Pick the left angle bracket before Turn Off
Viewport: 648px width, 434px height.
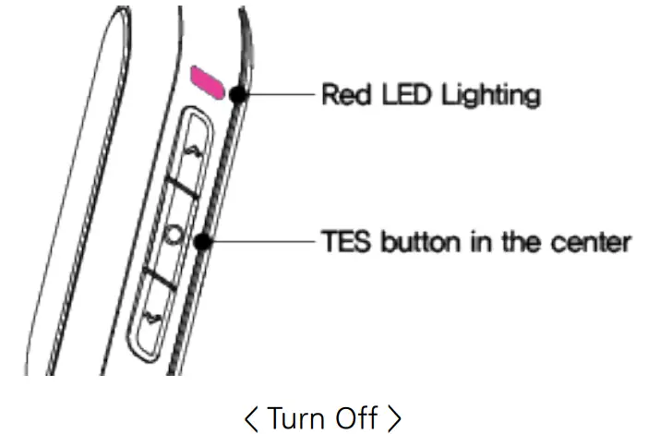(251, 418)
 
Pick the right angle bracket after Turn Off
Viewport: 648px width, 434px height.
(394, 418)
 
